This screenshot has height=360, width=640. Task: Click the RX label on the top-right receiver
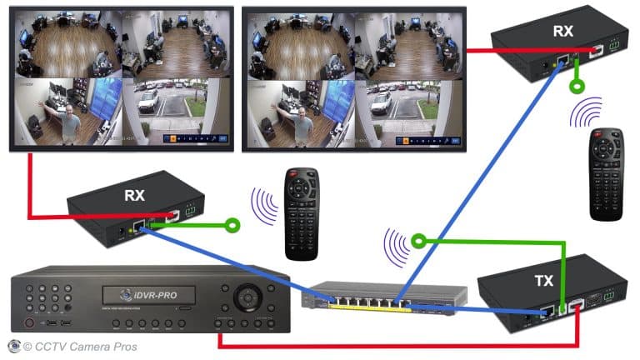point(563,32)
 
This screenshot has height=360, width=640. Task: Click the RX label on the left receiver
point(134,196)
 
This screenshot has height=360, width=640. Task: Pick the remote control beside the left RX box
point(302,213)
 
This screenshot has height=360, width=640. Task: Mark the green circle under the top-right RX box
point(575,85)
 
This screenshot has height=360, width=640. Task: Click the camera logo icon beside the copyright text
point(14,346)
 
